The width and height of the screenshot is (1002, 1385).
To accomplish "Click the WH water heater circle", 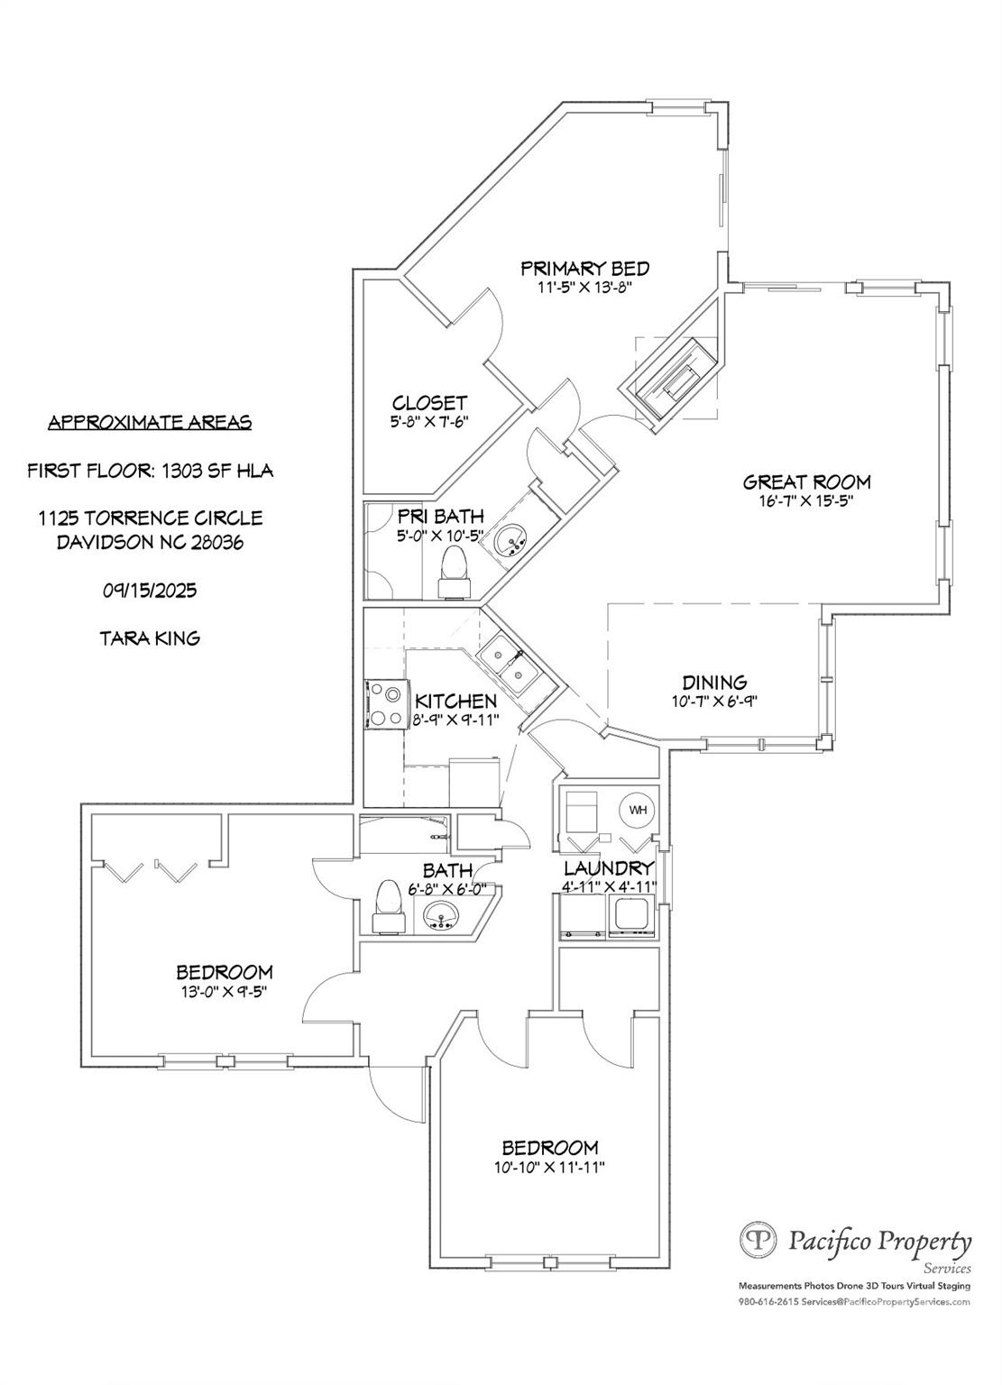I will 638,810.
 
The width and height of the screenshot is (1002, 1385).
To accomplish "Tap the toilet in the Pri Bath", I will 455,573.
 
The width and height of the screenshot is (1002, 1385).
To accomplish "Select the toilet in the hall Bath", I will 388,905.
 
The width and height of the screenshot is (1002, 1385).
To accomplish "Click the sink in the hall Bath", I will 442,915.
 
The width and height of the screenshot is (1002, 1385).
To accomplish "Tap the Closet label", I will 429,403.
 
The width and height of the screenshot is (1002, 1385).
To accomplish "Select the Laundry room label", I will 608,868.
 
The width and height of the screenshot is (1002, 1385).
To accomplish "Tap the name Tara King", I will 150,638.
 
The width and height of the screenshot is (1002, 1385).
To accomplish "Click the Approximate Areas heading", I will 150,422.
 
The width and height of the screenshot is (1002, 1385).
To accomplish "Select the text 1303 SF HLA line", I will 150,470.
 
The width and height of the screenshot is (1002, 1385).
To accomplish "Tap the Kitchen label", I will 455,702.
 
